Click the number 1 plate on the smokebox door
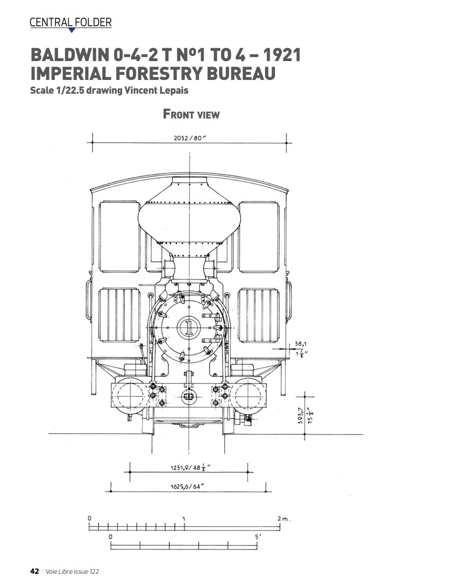click(188, 327)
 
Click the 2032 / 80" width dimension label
click(190, 138)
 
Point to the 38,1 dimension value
click(301, 344)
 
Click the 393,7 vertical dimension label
click(300, 416)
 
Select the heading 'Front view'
click(191, 114)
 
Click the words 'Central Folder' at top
click(70, 22)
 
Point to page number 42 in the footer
click(34, 571)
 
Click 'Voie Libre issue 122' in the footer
click(72, 571)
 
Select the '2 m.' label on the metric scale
click(284, 519)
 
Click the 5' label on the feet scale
click(259, 537)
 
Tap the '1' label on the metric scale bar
click(184, 519)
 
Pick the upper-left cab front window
click(119, 237)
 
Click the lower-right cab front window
click(259, 315)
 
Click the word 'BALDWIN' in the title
click(69, 55)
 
